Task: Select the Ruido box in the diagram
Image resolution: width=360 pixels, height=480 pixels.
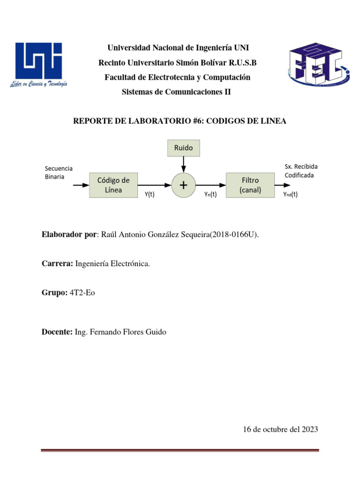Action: [183, 148]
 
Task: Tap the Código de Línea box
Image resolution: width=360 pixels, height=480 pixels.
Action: [113, 185]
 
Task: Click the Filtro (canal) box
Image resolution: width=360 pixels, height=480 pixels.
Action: [250, 185]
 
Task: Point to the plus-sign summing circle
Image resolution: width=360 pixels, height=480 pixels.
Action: [183, 186]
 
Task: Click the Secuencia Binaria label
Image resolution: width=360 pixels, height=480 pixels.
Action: [59, 172]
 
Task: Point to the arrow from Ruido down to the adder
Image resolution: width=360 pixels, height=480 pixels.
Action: [183, 164]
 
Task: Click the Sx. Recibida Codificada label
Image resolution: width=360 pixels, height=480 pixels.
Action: [300, 171]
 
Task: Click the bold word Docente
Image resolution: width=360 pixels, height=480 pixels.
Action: [57, 332]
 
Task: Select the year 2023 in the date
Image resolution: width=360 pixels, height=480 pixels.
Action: [309, 429]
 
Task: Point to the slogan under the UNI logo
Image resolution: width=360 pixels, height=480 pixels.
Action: [38, 84]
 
